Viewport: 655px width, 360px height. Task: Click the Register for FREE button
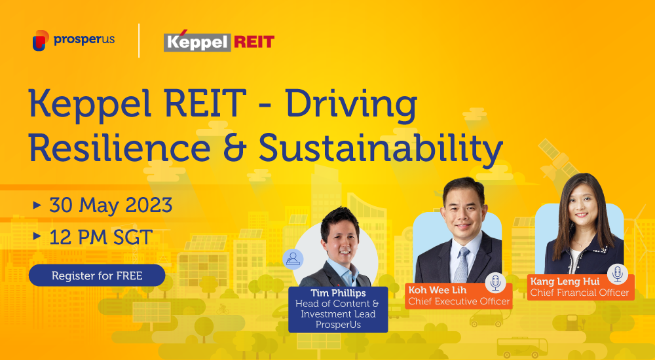pyautogui.click(x=97, y=276)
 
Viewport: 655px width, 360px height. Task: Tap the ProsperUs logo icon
pyautogui.click(x=41, y=41)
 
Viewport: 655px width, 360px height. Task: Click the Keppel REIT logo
pyautogui.click(x=219, y=41)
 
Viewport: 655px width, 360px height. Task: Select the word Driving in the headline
pyautogui.click(x=351, y=105)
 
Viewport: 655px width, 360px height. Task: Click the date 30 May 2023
pyautogui.click(x=111, y=205)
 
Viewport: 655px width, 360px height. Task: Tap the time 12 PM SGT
pyautogui.click(x=101, y=237)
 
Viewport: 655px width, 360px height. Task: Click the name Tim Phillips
pyautogui.click(x=338, y=293)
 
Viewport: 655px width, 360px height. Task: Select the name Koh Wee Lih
pyautogui.click(x=438, y=290)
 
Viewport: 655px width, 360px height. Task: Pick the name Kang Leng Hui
pyautogui.click(x=565, y=281)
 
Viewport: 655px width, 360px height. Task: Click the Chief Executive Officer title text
pyautogui.click(x=459, y=301)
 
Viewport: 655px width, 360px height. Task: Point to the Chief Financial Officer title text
pyautogui.click(x=580, y=293)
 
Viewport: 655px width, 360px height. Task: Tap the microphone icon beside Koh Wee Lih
pyautogui.click(x=495, y=283)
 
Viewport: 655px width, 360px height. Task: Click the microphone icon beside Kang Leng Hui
pyautogui.click(x=618, y=274)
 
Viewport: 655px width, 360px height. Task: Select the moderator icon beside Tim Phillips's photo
pyautogui.click(x=293, y=259)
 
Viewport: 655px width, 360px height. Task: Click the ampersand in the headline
pyautogui.click(x=234, y=149)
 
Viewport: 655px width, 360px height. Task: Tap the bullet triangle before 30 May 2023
pyautogui.click(x=37, y=205)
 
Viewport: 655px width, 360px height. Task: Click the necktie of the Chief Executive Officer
pyautogui.click(x=461, y=265)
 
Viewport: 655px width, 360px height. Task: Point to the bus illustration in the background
pyautogui.click(x=522, y=347)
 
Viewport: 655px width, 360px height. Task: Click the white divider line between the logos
pyautogui.click(x=139, y=41)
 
